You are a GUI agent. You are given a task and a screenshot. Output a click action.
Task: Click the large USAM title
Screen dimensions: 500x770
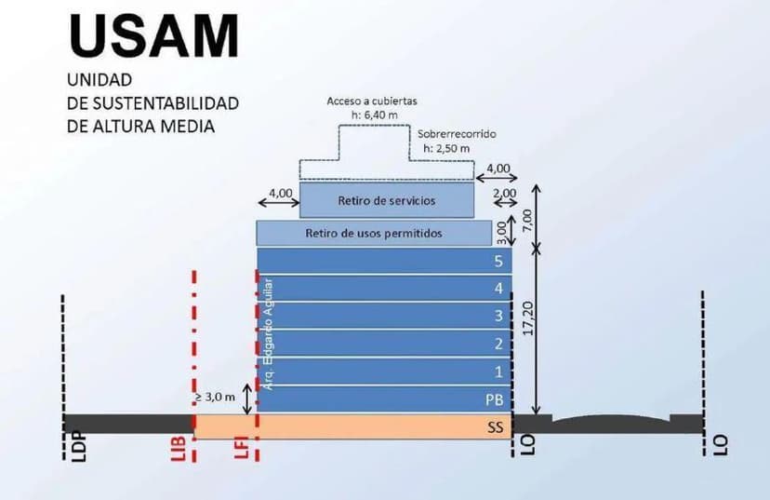click(153, 35)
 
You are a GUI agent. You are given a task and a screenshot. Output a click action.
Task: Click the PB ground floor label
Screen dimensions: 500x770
click(494, 399)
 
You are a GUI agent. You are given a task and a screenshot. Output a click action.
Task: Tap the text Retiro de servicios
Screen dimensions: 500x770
click(387, 200)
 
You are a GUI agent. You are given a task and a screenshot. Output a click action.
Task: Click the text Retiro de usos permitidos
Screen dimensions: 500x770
click(374, 233)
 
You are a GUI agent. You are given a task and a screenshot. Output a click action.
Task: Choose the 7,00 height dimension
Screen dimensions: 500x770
click(527, 220)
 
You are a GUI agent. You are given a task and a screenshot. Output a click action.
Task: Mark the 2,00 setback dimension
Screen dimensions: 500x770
click(506, 193)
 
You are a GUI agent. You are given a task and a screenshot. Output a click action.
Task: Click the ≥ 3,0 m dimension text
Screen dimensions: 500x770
click(214, 398)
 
